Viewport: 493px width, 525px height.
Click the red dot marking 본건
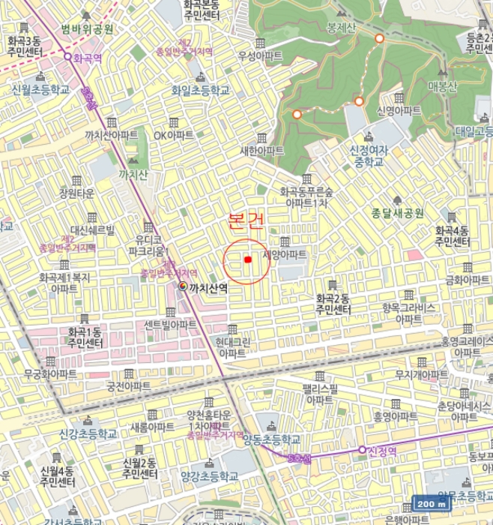click(247, 259)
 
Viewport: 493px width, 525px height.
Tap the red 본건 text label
click(246, 220)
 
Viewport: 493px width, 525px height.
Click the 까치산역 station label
click(208, 287)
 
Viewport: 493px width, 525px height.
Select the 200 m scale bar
click(433, 505)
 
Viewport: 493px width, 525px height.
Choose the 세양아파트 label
click(285, 255)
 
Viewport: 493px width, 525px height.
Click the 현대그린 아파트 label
click(232, 347)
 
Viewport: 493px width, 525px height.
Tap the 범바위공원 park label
click(87, 29)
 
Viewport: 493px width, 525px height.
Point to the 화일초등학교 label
click(200, 90)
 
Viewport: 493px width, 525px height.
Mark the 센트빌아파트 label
click(171, 325)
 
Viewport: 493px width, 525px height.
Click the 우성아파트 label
click(260, 55)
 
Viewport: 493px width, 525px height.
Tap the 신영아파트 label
click(399, 110)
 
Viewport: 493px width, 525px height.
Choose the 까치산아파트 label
click(112, 135)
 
